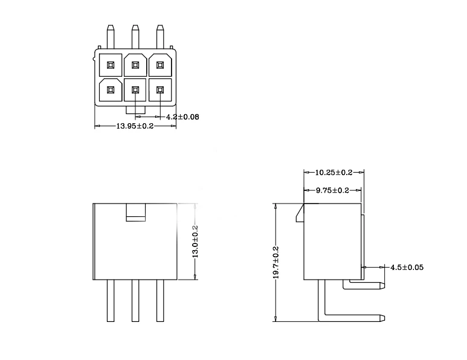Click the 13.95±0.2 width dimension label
click(135, 126)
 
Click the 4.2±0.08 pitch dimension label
click(183, 116)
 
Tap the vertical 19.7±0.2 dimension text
click(275, 262)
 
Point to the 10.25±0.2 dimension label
click(333, 172)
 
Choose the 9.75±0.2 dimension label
click(332, 190)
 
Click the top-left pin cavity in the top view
click(110, 65)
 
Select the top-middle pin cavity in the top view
click(135, 65)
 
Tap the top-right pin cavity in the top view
click(160, 65)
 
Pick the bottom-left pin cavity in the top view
click(110, 90)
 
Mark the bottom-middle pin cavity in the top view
click(135, 90)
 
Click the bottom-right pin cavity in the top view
click(160, 90)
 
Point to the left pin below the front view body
click(111, 300)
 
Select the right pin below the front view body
click(160, 300)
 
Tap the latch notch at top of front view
click(135, 212)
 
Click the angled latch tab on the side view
click(300, 214)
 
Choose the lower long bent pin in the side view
click(353, 316)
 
